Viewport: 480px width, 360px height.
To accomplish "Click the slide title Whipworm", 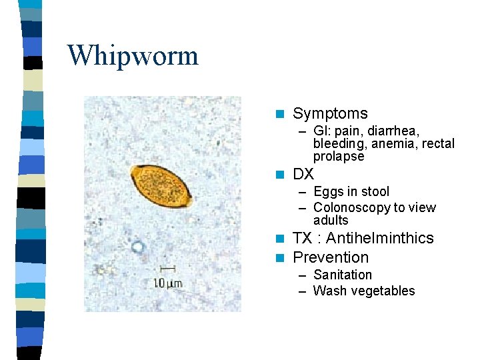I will [133, 55].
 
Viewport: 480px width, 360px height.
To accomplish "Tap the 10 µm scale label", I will [167, 283].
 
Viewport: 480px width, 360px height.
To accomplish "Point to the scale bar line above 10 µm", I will [168, 269].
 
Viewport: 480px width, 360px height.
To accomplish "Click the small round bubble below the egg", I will [138, 248].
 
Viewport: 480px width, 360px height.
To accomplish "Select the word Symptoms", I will [330, 114].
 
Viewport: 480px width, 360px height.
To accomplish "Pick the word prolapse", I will [339, 157].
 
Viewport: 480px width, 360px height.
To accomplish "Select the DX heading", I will [303, 175].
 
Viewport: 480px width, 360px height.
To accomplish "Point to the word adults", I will [331, 221].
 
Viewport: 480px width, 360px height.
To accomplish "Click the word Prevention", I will [331, 257].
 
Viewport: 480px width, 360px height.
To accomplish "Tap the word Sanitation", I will [343, 275].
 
